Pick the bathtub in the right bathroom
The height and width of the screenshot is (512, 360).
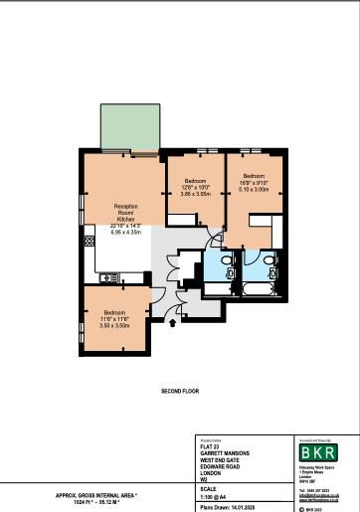coord(266,291)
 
